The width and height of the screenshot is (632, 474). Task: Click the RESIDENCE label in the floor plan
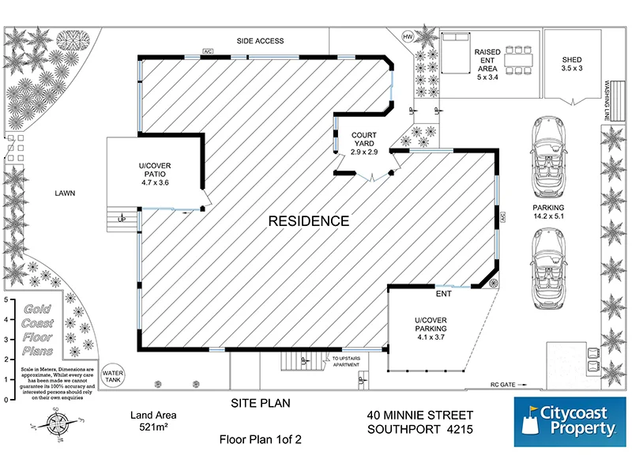click(x=308, y=221)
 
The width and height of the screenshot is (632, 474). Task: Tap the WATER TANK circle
click(x=114, y=374)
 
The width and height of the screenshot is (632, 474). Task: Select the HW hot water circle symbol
click(x=408, y=37)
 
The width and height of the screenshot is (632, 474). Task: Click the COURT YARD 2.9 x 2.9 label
click(x=365, y=143)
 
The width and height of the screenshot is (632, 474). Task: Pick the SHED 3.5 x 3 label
click(x=571, y=64)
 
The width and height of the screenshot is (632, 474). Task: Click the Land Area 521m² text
click(x=153, y=421)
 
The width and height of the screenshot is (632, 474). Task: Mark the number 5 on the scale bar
click(x=6, y=300)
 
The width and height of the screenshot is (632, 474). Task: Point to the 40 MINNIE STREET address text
click(x=420, y=415)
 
